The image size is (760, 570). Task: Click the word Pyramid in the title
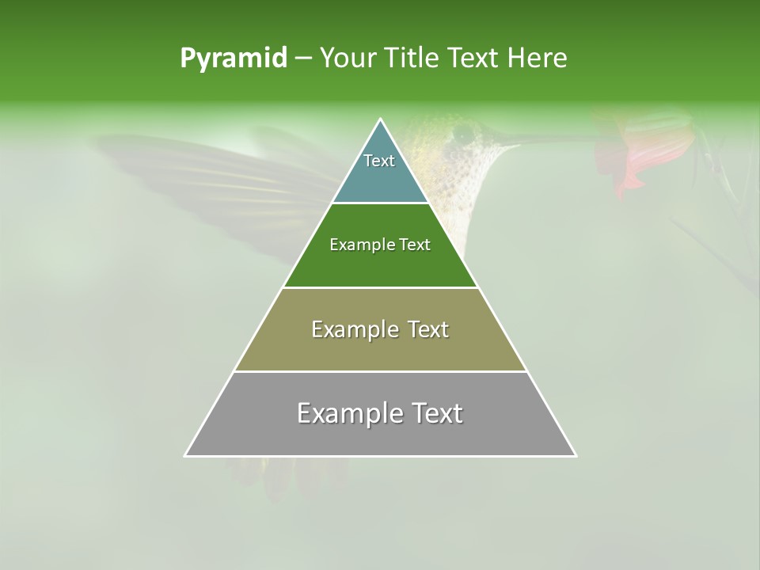pos(233,59)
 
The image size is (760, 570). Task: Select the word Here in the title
pos(538,59)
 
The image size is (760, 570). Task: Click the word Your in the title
pos(349,59)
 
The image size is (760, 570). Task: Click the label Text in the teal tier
pos(379,161)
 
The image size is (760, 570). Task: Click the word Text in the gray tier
pos(432,413)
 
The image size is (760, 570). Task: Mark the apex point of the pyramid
pos(381,120)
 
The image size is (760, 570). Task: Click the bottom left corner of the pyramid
pos(185,455)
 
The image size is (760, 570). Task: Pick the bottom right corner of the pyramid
pos(576,455)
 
